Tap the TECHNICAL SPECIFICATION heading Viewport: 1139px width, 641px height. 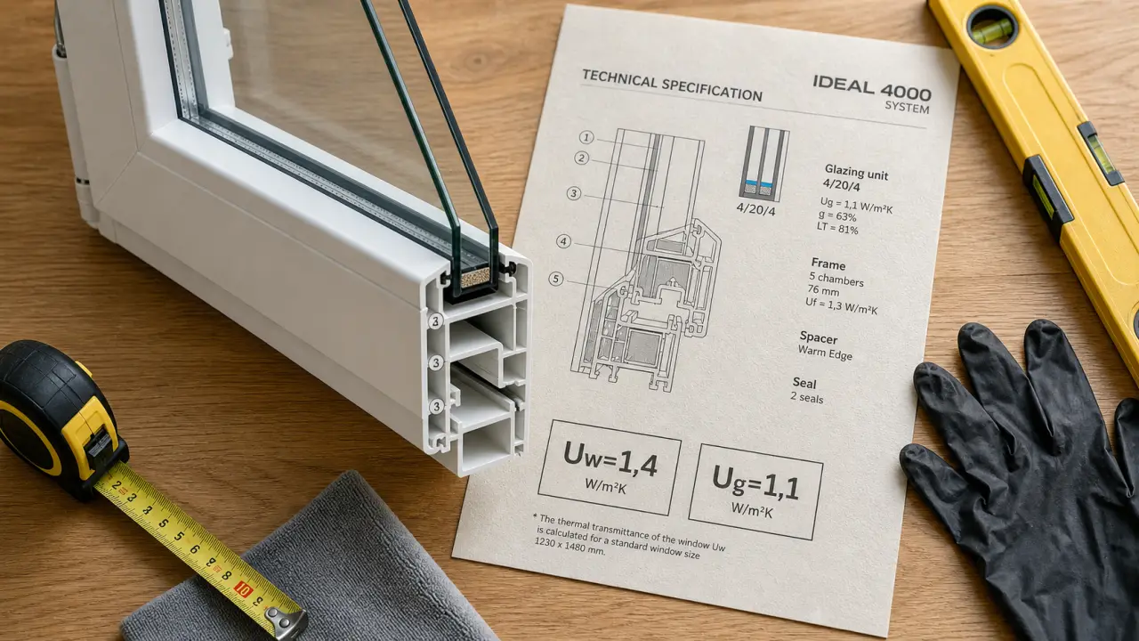672,85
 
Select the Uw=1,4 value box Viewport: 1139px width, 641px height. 610,467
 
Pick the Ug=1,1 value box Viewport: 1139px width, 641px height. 755,491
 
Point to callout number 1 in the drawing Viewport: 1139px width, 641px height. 586,137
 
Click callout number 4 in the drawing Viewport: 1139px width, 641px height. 563,241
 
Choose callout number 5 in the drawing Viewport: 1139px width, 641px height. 556,279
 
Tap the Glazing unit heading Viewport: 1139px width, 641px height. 856,172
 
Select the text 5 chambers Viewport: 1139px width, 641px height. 836,280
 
